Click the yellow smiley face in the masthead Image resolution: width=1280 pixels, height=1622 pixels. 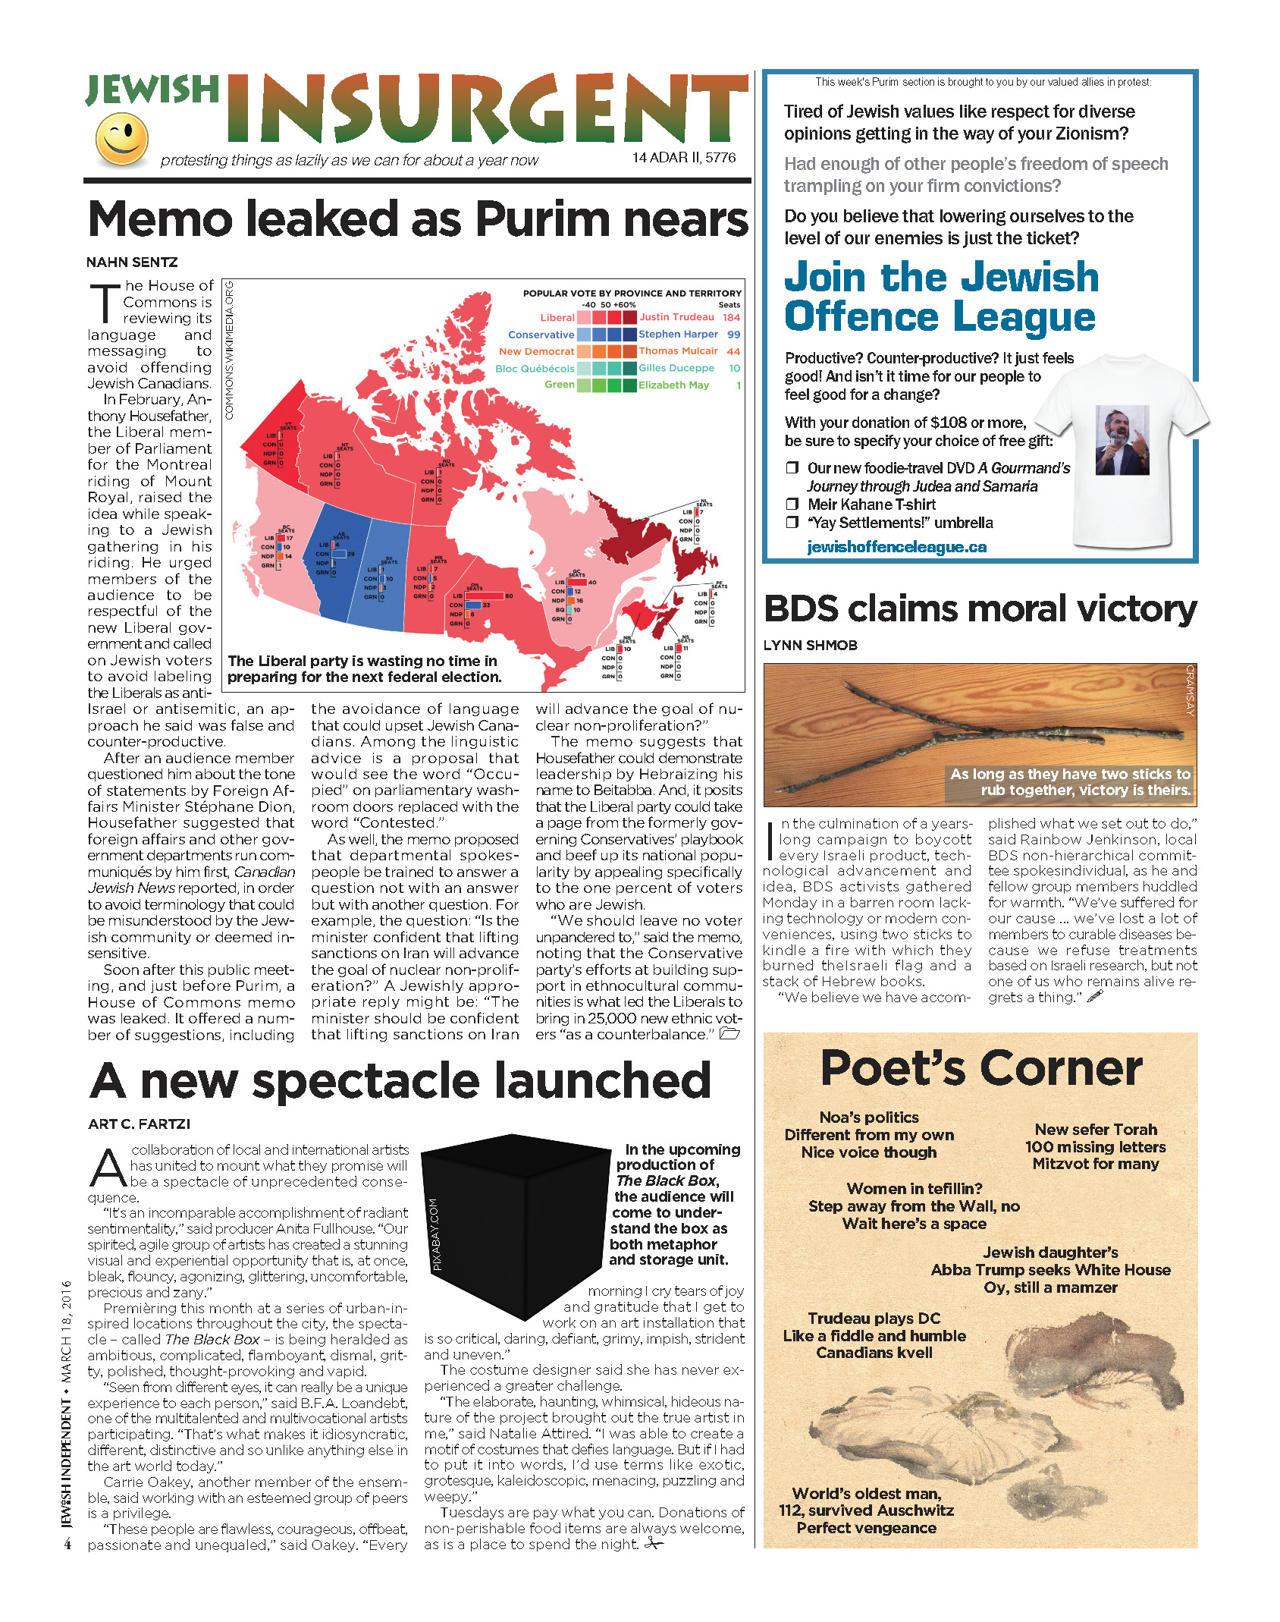coord(121,140)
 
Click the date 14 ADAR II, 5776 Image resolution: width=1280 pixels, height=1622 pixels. coord(684,158)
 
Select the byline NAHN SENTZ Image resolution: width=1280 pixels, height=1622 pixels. coord(132,262)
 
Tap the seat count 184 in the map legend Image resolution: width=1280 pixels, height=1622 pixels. coord(731,317)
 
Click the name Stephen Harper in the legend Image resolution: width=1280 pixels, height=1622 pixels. coord(678,334)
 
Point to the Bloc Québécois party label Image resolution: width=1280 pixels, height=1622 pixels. coord(535,369)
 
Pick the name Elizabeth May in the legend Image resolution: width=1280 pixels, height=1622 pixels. coord(673,385)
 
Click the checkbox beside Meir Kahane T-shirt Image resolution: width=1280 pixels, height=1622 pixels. coord(792,505)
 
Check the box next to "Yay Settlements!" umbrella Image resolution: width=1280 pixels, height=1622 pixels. coord(792,523)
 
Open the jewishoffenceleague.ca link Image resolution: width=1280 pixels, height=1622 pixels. coord(896,547)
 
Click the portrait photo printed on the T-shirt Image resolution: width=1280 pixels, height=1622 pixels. coord(1122,440)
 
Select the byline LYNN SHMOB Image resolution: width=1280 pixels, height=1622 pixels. coord(810,646)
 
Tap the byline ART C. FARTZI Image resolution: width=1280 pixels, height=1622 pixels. coord(139,1124)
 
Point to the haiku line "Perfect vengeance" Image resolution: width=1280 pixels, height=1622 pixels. coord(866,1528)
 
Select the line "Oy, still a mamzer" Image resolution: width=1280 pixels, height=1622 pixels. coord(1050,1287)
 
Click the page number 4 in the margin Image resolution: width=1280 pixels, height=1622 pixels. coord(67,1544)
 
